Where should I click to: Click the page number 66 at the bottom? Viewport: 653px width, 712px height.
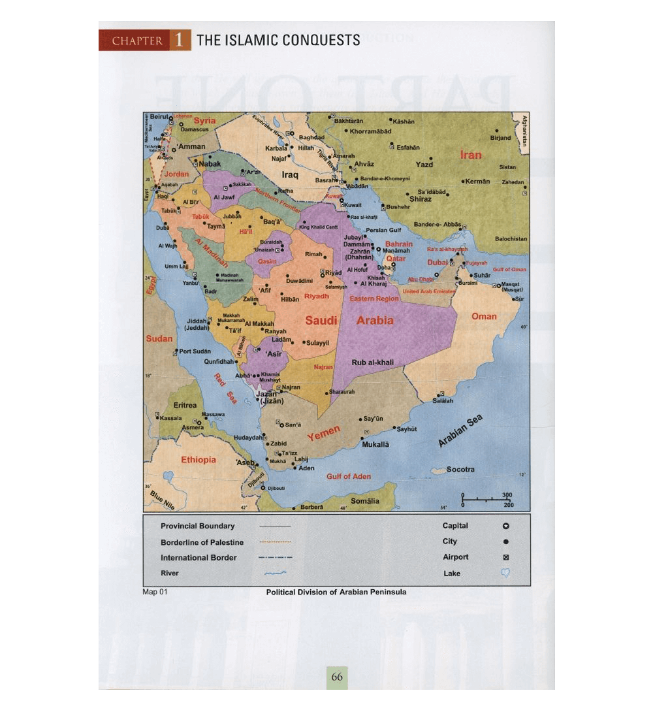[x=337, y=677]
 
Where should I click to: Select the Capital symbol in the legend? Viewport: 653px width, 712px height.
[x=505, y=526]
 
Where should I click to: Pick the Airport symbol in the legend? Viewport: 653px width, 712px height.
[x=505, y=557]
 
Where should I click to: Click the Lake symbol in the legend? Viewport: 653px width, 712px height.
[x=505, y=573]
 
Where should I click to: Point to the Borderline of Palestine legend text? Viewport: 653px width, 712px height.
[x=202, y=542]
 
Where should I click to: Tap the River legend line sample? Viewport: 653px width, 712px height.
[x=276, y=574]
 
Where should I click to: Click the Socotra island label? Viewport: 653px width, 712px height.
[x=461, y=470]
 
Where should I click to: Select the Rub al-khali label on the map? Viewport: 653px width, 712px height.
[x=373, y=363]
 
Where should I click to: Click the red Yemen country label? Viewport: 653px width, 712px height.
[x=324, y=432]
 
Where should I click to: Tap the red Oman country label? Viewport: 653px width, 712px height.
[x=484, y=316]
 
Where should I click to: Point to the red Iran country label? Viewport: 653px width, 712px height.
[x=471, y=155]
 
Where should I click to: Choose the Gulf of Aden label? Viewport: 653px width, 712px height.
[x=349, y=476]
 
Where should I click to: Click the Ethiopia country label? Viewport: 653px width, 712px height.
[x=199, y=460]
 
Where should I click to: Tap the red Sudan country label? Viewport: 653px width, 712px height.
[x=159, y=338]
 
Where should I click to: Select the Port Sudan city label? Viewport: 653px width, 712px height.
[x=195, y=351]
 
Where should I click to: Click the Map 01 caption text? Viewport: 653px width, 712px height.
[x=155, y=592]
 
